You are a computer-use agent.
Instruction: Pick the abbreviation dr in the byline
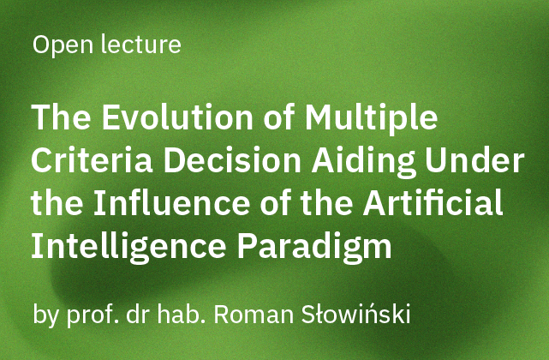pos(141,314)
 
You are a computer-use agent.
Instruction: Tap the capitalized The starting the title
pos(60,118)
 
